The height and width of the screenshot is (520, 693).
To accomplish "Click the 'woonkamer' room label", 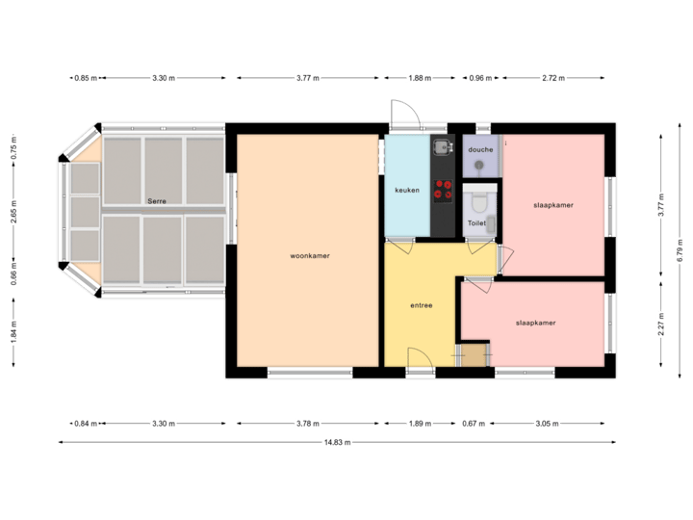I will click(x=310, y=256).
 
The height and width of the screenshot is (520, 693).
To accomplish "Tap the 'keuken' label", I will click(x=407, y=190).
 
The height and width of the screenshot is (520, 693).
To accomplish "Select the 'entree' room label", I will click(x=422, y=305).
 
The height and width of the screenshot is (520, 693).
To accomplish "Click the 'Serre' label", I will click(x=158, y=200).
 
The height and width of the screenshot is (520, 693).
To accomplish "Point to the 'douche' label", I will click(x=480, y=150).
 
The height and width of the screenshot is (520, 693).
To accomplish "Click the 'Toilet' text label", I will click(x=476, y=223).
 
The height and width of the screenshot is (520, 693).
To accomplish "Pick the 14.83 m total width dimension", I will click(x=338, y=442).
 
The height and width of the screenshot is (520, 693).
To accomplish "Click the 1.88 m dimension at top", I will click(x=418, y=78).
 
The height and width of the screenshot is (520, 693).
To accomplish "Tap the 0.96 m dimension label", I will click(x=480, y=78).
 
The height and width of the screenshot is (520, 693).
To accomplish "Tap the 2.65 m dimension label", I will click(x=13, y=219).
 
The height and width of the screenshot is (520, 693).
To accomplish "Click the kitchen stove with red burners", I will click(x=444, y=190).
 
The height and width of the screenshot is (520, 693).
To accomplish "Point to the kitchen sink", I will click(x=442, y=147).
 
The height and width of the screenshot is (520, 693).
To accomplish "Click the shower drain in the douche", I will click(x=480, y=166).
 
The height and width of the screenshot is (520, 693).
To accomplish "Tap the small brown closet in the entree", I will click(x=475, y=355).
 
